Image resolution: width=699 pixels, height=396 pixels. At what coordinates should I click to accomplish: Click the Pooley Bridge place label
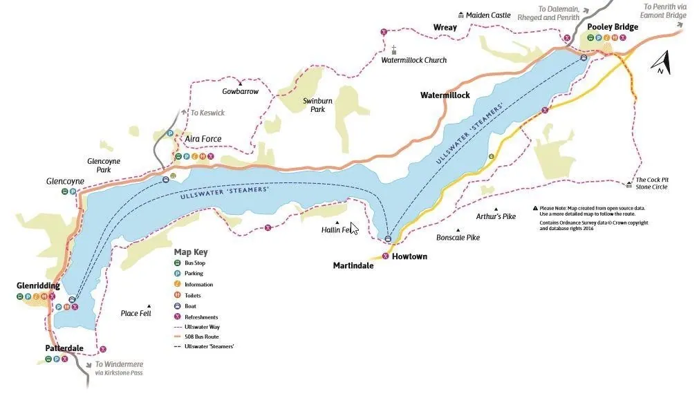point(612,27)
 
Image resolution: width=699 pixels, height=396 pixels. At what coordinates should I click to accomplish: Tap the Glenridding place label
point(38,285)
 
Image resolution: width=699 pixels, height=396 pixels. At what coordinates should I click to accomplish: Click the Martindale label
point(353,265)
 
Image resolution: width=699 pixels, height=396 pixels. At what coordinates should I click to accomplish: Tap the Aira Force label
point(203,139)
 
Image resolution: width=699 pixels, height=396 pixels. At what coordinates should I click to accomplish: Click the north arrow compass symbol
point(661,62)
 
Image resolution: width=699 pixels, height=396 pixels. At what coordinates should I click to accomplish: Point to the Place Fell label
point(136,313)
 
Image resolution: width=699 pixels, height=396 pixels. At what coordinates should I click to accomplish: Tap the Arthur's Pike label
point(496,216)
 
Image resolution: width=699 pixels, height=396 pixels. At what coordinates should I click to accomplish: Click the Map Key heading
point(191,252)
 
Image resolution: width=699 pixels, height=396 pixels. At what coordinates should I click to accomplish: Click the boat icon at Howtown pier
point(388,239)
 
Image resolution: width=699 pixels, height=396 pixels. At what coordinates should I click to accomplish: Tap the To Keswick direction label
point(207,113)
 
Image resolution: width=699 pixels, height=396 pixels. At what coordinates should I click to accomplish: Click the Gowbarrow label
point(240,91)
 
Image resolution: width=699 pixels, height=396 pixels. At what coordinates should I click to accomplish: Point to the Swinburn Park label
point(317,105)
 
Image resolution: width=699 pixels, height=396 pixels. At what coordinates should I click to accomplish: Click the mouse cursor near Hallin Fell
point(354,229)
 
